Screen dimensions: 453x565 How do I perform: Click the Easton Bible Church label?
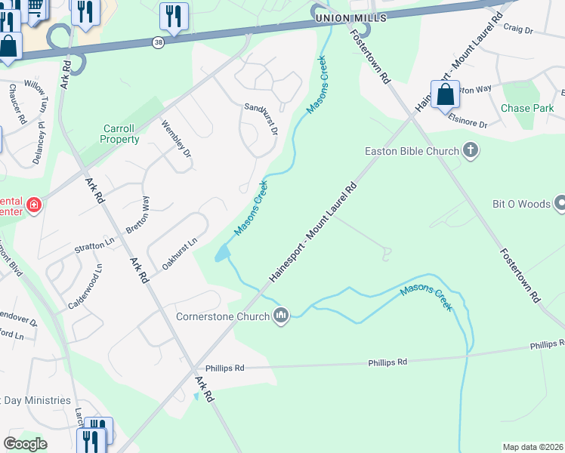click(x=412, y=151)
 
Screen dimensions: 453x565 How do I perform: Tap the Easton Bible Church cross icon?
click(x=471, y=150)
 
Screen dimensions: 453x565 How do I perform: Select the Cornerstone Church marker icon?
click(x=281, y=315)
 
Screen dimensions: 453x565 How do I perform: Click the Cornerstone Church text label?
click(x=222, y=316)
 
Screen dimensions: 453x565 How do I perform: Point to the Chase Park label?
click(x=527, y=108)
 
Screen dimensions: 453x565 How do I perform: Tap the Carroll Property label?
click(x=119, y=134)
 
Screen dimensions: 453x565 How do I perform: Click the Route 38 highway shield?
click(x=157, y=42)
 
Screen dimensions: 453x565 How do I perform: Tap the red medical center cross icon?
click(x=33, y=205)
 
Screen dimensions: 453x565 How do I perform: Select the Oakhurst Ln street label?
click(x=179, y=253)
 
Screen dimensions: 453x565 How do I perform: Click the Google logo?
click(x=26, y=443)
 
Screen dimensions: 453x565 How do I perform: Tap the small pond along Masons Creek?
click(x=222, y=254)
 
